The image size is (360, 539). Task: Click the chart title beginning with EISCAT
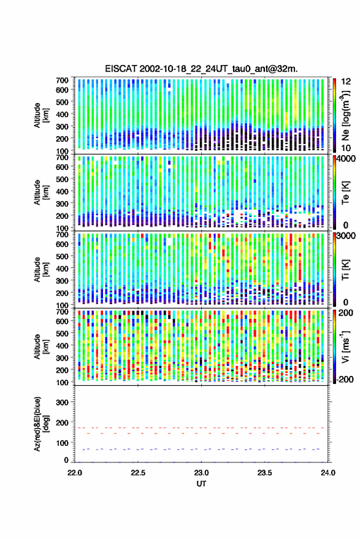[x=202, y=69]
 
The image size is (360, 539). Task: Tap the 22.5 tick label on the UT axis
[x=138, y=473]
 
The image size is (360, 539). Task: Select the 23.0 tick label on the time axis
[x=201, y=473]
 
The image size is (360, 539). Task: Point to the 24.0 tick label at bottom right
[x=328, y=473]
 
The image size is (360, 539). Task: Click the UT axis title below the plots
[x=201, y=484]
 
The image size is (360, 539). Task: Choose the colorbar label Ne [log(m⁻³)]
[x=345, y=115]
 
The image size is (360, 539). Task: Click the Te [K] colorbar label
[x=345, y=193]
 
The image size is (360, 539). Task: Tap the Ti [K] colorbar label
[x=345, y=270]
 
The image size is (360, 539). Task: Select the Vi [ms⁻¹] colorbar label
[x=345, y=346]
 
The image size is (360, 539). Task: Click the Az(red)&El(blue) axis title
[x=40, y=424]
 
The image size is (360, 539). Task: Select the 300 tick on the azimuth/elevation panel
[x=62, y=402]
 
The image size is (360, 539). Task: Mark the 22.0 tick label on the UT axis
[x=75, y=473]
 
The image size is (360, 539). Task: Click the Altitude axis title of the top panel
[x=40, y=115]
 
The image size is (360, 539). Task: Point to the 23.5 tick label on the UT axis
[x=264, y=473]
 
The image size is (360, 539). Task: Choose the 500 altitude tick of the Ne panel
[x=62, y=102]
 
